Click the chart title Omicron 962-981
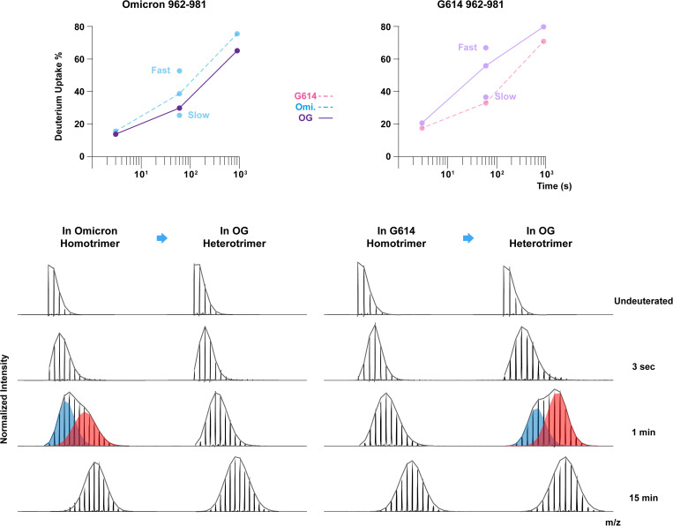point(164,4)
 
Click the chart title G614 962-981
point(471,4)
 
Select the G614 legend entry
point(313,96)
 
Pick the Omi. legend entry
point(314,107)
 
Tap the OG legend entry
point(315,117)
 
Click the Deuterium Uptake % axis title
point(59,96)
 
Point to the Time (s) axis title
point(554,186)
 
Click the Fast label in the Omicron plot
point(161,70)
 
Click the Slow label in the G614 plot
point(505,96)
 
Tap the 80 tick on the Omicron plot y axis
point(79,26)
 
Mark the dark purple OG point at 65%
point(237,50)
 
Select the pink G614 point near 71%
point(543,41)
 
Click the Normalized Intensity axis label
point(4,399)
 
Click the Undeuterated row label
point(643,301)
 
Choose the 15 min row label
point(643,498)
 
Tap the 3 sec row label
point(643,366)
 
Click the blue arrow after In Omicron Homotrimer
point(161,238)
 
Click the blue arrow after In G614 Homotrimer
point(468,238)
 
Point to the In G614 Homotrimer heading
point(396,237)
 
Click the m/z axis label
point(613,522)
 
